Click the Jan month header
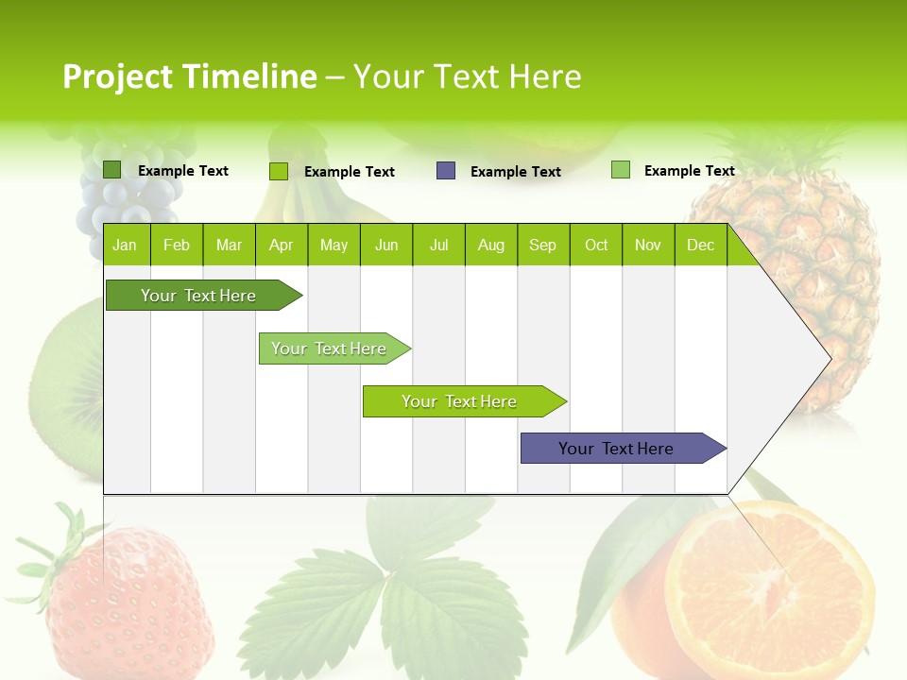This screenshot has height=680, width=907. (x=125, y=245)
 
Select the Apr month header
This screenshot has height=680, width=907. (x=281, y=245)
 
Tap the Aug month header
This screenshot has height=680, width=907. (x=490, y=245)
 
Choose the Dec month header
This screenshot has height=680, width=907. (x=700, y=245)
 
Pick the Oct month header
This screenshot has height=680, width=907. (x=596, y=245)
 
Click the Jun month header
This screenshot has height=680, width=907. (x=385, y=245)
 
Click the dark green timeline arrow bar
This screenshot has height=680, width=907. (x=198, y=296)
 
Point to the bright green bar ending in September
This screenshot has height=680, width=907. (x=460, y=401)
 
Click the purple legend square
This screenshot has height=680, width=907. (x=446, y=171)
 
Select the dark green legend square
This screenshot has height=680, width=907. (x=112, y=170)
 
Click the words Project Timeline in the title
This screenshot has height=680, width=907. (x=189, y=76)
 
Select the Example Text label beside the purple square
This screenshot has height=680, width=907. (x=515, y=172)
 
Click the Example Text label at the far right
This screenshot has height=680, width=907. (x=689, y=171)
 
